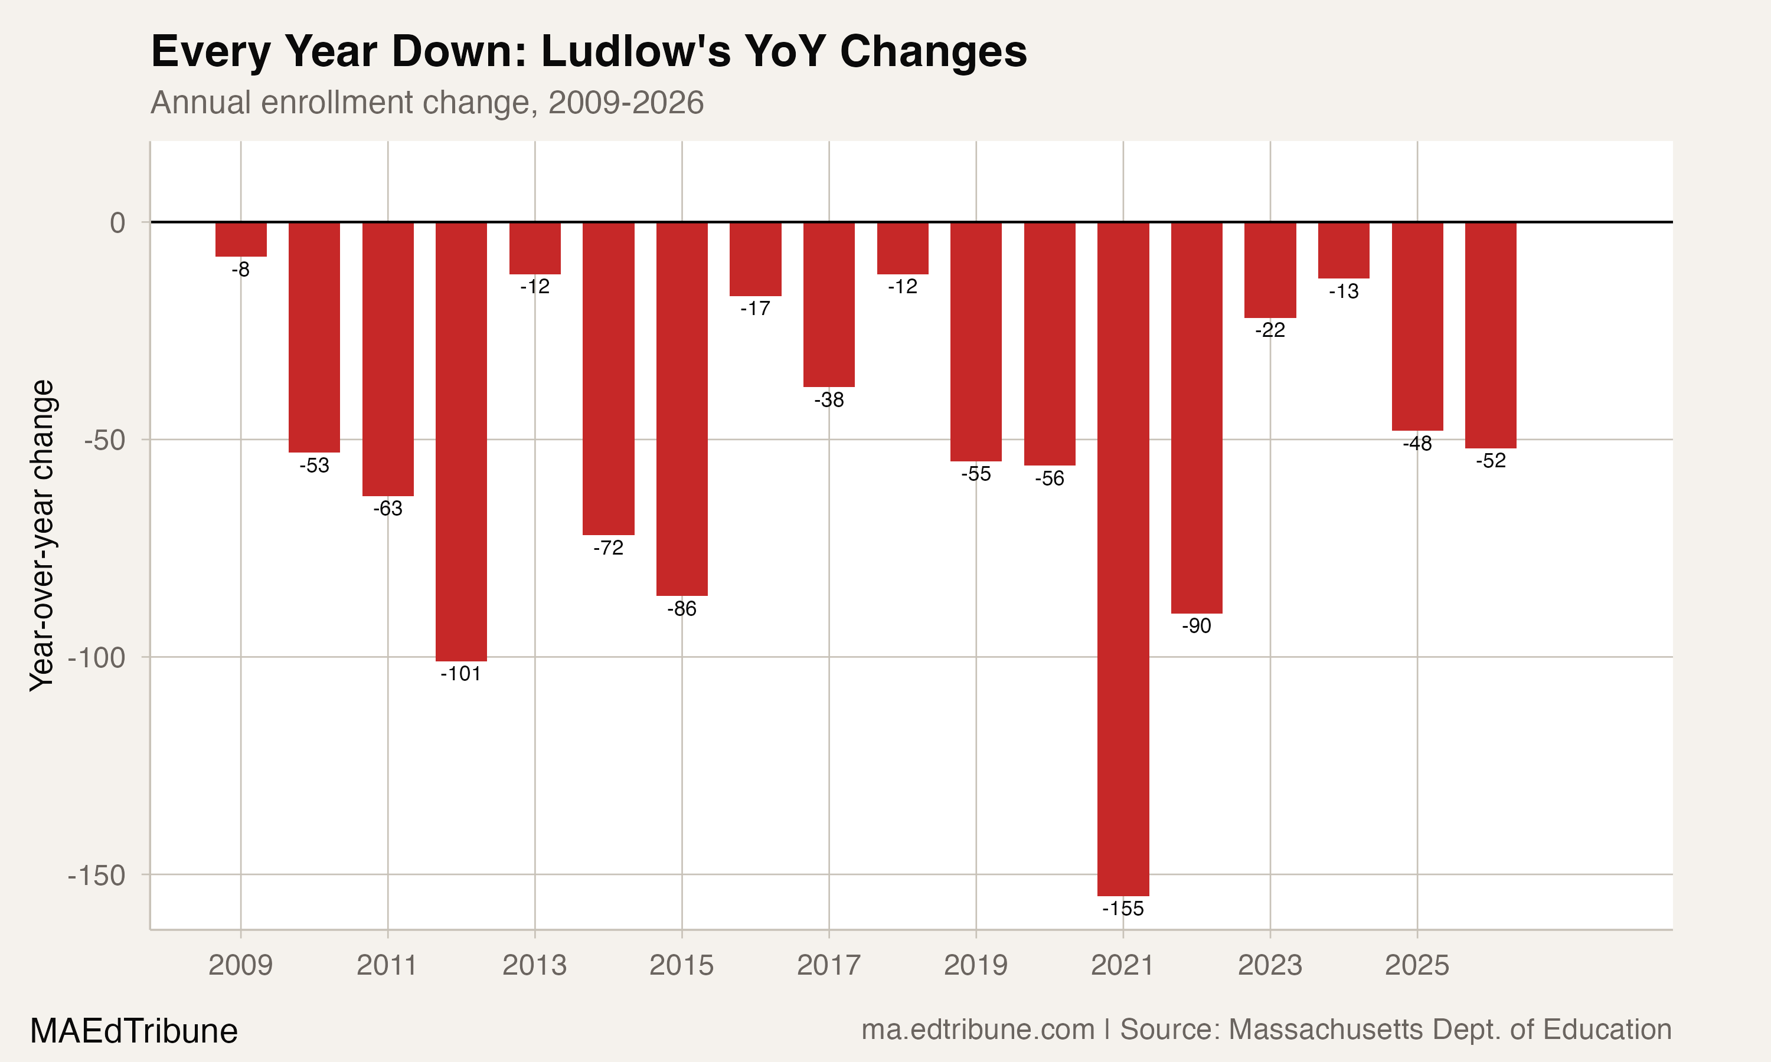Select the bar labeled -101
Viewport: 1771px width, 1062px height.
click(x=461, y=441)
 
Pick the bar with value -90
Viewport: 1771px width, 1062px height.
click(x=1196, y=417)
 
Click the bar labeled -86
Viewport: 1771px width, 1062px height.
click(x=681, y=408)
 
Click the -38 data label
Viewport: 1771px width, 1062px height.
click(x=829, y=400)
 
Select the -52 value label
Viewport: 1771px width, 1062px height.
click(x=1491, y=461)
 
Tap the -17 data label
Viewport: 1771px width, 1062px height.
click(x=755, y=309)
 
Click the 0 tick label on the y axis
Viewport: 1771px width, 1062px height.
click(x=117, y=222)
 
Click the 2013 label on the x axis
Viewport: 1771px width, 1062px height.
click(x=534, y=965)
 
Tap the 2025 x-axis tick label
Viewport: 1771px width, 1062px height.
click(x=1417, y=965)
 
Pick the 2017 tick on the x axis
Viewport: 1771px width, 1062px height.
click(x=828, y=965)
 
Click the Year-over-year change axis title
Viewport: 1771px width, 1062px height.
click(x=41, y=535)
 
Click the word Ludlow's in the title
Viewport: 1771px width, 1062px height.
click(x=636, y=51)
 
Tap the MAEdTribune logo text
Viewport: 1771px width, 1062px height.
click(x=134, y=1031)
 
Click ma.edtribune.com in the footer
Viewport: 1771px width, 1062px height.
click(x=978, y=1030)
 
